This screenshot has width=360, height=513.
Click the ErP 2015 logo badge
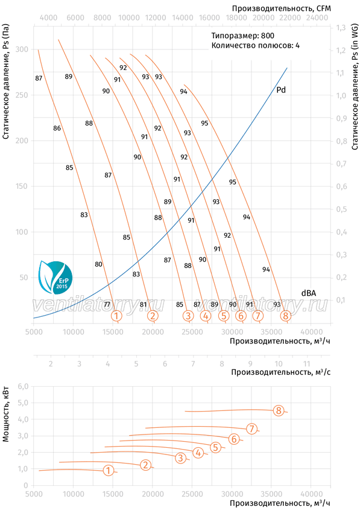[x=55, y=278]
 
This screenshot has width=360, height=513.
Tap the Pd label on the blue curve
[x=281, y=90]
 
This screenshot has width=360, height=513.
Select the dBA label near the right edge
[x=309, y=293]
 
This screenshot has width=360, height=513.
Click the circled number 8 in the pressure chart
[x=286, y=316]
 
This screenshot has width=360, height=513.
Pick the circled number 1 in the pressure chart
[x=116, y=316]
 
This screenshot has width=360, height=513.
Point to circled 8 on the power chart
[x=278, y=410]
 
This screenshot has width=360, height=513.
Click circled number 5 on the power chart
[x=215, y=447]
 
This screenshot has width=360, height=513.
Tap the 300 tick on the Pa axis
[x=22, y=49]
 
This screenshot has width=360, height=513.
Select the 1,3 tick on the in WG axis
[x=341, y=28]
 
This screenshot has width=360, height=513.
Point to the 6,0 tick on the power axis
[x=24, y=386]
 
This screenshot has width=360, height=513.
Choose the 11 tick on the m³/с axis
[x=306, y=363]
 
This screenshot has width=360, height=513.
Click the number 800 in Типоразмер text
[x=268, y=36]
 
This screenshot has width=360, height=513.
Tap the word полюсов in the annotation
[x=277, y=45]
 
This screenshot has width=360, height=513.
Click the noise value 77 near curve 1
[x=107, y=304]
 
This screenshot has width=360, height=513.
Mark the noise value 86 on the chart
[x=57, y=128]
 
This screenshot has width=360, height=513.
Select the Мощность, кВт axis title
[x=6, y=414]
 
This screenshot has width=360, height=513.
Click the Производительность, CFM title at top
[x=281, y=8]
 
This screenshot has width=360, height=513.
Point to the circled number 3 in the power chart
[x=180, y=457]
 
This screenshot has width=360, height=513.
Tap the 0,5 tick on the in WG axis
[x=341, y=209]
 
